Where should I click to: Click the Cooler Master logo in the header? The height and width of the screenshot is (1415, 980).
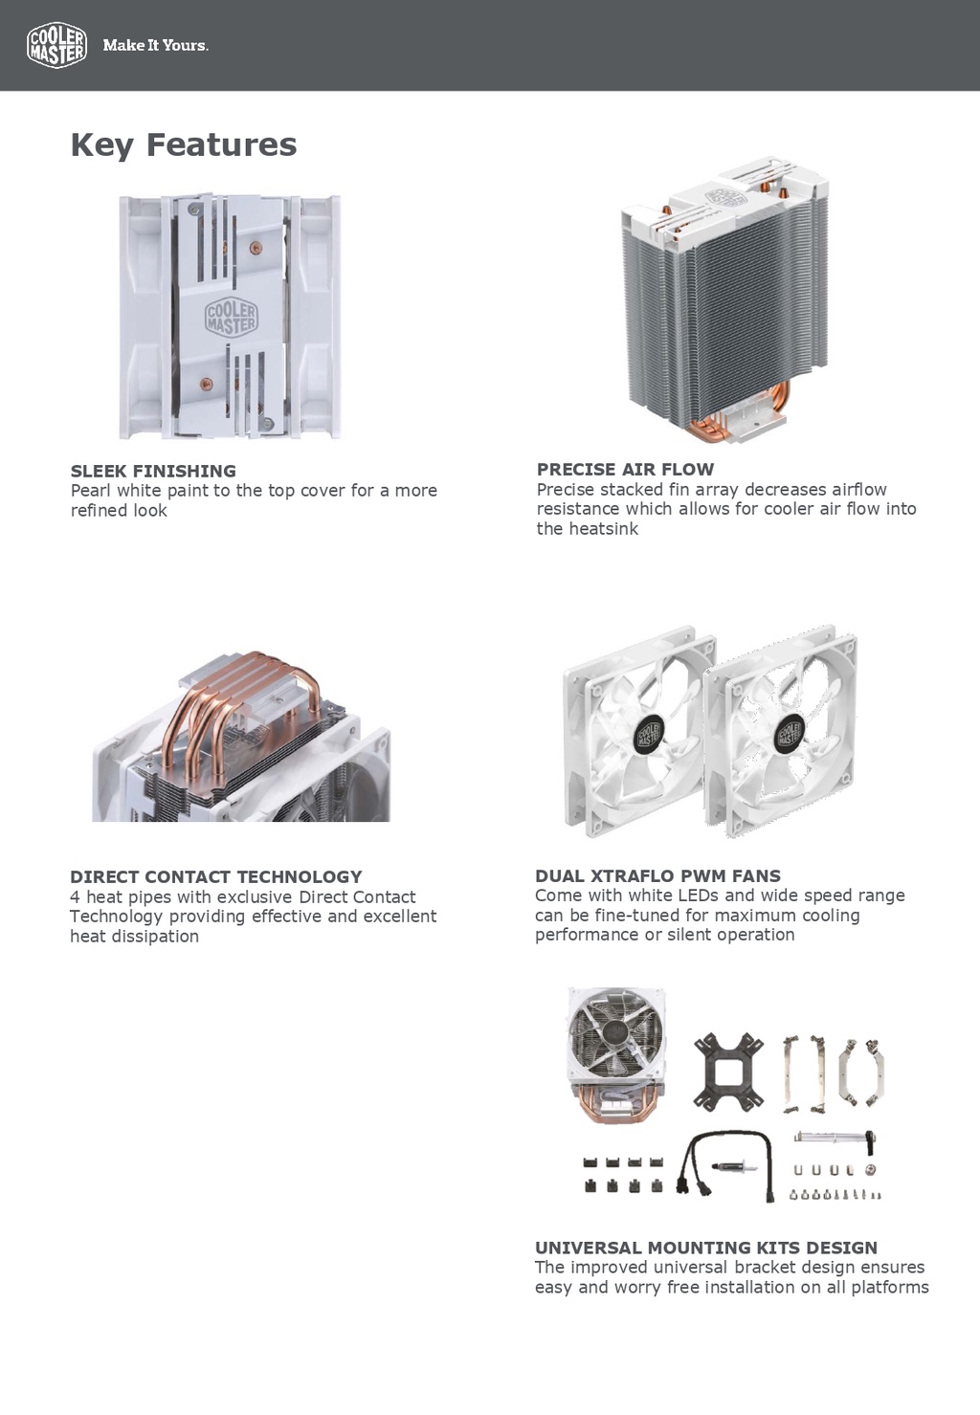pos(56,45)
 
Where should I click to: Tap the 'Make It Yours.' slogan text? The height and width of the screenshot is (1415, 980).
pos(155,45)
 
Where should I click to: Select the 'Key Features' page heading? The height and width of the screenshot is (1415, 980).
pos(183,144)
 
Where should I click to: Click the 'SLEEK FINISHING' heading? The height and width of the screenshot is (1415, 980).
pos(153,471)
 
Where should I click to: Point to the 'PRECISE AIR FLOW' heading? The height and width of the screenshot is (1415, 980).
pos(625,469)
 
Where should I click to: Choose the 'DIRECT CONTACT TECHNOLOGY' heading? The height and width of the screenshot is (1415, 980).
pos(215,876)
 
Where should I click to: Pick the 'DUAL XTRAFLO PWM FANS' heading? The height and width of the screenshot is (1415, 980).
pos(657,875)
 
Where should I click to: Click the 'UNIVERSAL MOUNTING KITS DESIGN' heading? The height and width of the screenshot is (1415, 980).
pos(705,1248)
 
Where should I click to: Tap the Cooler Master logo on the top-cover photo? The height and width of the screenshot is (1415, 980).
pos(232,317)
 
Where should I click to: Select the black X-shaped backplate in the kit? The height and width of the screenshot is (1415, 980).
pos(729,1072)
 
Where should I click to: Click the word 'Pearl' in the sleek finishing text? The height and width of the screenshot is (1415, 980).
pos(91,491)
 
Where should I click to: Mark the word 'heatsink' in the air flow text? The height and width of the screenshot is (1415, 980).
pos(600,529)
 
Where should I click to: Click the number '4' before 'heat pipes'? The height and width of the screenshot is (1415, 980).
pos(75,897)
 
